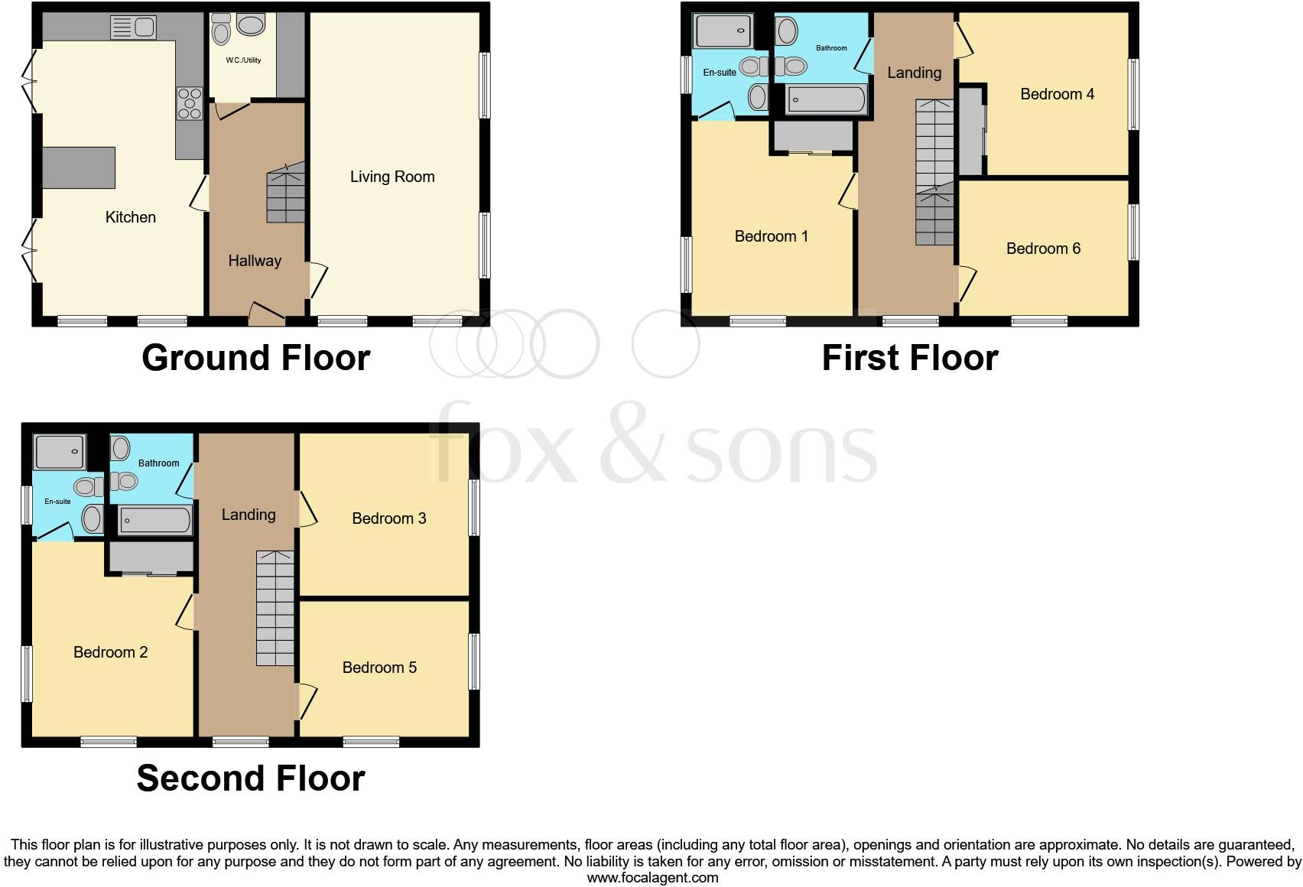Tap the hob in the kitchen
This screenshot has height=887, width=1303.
click(x=189, y=103)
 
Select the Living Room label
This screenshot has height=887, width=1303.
click(x=392, y=177)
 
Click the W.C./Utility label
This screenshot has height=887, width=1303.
click(x=243, y=60)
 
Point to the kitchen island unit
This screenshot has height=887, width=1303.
click(x=79, y=167)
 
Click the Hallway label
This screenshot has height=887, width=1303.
click(x=255, y=261)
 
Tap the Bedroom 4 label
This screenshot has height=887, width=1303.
click(x=1057, y=94)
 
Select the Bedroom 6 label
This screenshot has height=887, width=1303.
click(x=1043, y=249)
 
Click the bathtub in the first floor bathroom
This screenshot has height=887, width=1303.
click(x=827, y=99)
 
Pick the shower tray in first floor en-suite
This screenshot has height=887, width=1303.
click(x=723, y=31)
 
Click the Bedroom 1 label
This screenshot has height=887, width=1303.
click(x=771, y=236)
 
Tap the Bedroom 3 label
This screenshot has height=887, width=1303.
click(x=388, y=518)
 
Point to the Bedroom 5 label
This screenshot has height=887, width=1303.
click(x=379, y=668)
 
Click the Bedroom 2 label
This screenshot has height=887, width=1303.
click(x=110, y=652)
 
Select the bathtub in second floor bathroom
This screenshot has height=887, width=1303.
click(x=154, y=521)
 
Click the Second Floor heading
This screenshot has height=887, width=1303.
click(x=251, y=778)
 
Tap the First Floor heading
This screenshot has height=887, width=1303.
click(x=910, y=358)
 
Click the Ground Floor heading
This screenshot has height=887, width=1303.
click(x=256, y=358)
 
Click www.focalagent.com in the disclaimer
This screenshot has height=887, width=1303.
click(x=652, y=878)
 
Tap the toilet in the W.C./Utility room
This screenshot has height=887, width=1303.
click(x=221, y=31)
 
